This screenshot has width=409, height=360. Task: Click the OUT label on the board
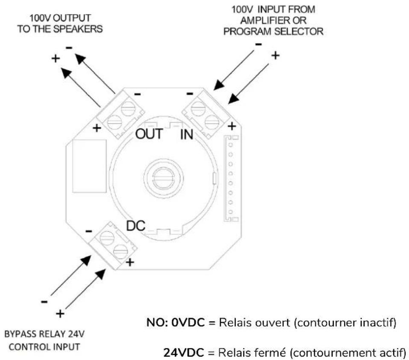pyautogui.click(x=149, y=134)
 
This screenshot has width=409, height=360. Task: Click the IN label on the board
pyautogui.click(x=187, y=134)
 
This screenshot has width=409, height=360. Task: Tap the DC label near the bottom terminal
pyautogui.click(x=135, y=226)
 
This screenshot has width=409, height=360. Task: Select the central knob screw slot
pyautogui.click(x=164, y=180)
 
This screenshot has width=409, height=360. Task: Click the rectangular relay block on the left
pyautogui.click(x=89, y=166)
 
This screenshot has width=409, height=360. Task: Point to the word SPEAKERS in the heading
pyautogui.click(x=78, y=29)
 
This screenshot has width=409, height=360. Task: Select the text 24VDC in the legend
pyautogui.click(x=184, y=353)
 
